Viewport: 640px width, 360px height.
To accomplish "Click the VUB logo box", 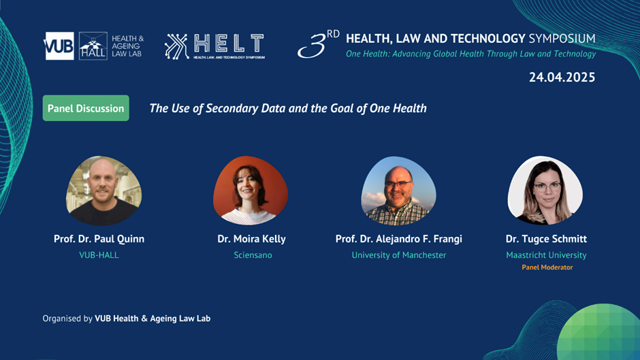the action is [x=59, y=46].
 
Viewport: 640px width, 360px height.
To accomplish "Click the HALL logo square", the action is [x=93, y=46].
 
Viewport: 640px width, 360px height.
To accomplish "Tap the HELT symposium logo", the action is [x=214, y=46].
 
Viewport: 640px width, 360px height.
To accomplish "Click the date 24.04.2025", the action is [x=562, y=77].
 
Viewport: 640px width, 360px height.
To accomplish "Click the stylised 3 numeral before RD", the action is [x=313, y=46].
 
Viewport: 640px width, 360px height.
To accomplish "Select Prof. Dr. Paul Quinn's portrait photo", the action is [x=103, y=191].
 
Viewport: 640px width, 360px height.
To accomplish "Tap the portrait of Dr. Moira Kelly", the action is [x=251, y=191].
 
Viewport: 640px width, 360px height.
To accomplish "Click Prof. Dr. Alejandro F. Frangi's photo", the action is [x=398, y=191].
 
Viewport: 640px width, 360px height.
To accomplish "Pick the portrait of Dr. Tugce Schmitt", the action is [x=545, y=191].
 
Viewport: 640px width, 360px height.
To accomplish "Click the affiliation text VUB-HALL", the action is [x=99, y=255].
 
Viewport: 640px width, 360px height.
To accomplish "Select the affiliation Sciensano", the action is [x=253, y=255].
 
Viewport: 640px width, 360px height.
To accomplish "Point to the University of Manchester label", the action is [x=399, y=255].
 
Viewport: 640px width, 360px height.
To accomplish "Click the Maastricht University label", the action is [x=546, y=255].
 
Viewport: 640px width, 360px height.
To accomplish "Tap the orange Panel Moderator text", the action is [x=547, y=267].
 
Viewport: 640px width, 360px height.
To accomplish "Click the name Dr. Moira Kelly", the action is [x=251, y=239].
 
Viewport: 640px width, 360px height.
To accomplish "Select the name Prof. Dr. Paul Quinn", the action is [x=99, y=239].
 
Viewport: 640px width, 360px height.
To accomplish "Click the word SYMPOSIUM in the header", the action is [x=562, y=39].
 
